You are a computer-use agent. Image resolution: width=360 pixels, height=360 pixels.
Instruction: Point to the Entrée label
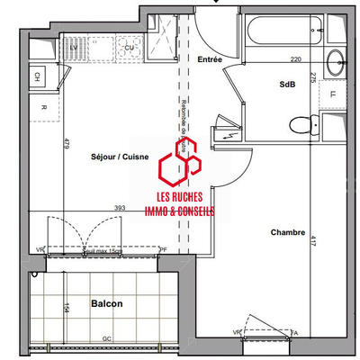pyautogui.click(x=210, y=59)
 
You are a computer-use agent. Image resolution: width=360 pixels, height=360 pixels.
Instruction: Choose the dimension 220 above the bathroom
pyautogui.click(x=294, y=59)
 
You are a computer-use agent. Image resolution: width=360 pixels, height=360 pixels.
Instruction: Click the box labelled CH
pyautogui.click(x=37, y=77)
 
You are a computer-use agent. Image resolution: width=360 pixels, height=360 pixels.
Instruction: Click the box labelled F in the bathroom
pyautogui.click(x=333, y=94)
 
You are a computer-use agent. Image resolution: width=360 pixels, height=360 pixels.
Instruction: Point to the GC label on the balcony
pyautogui.click(x=106, y=338)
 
